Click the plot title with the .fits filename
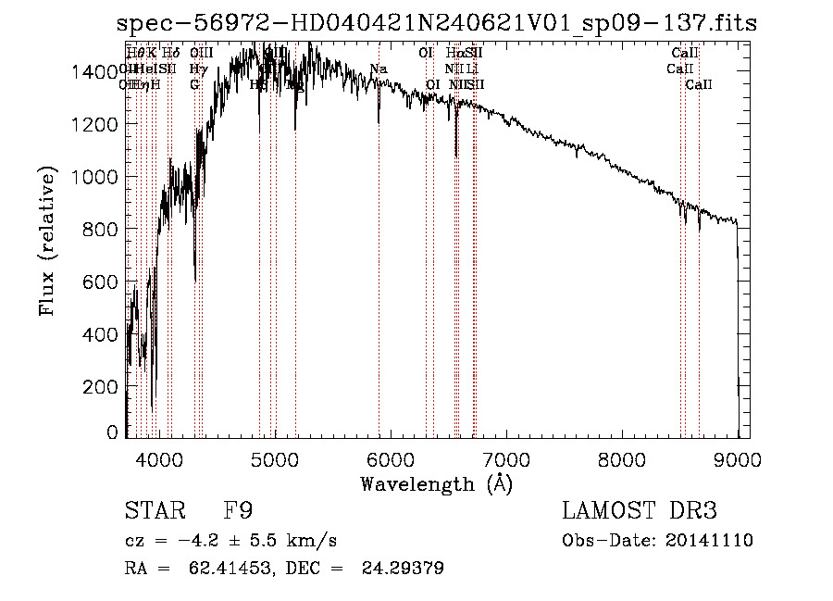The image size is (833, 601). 436,23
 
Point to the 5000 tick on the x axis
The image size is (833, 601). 275,458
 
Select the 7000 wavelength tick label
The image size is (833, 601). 506,458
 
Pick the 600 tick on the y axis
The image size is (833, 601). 104,282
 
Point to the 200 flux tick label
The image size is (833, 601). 104,387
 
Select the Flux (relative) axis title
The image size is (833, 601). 46,241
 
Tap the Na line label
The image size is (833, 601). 378,69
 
